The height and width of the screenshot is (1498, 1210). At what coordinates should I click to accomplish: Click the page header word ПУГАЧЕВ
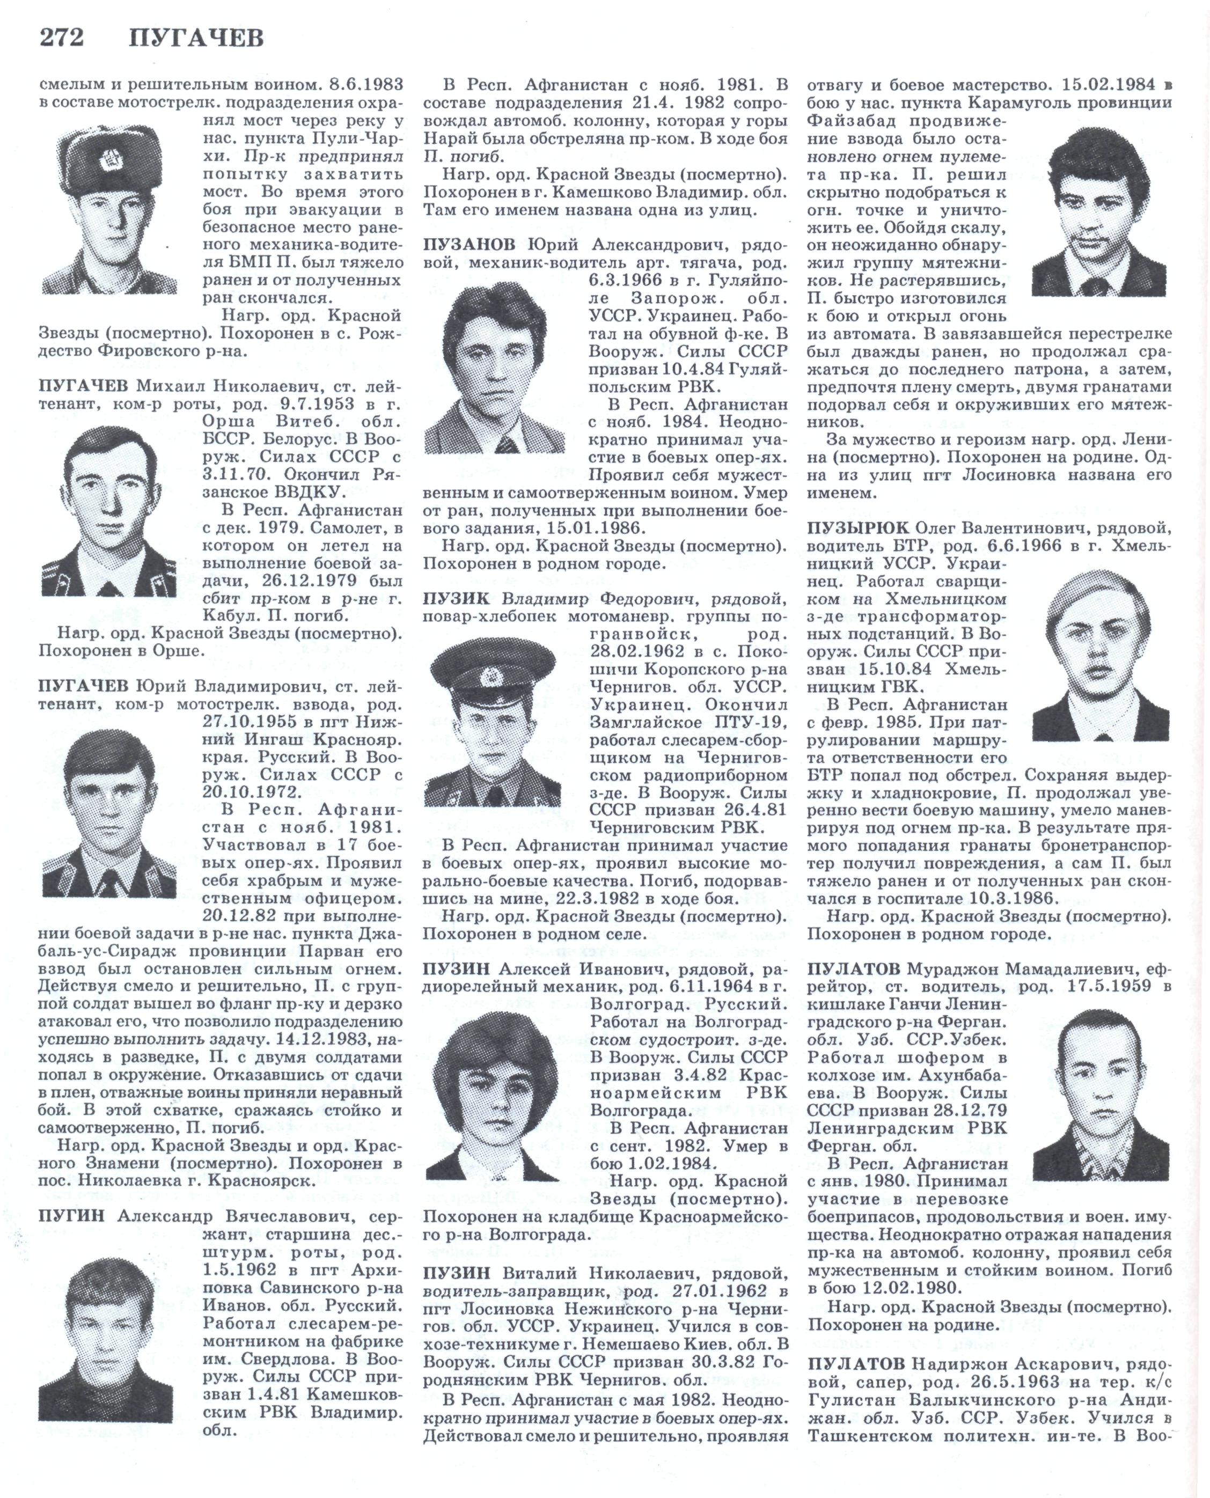[x=196, y=38]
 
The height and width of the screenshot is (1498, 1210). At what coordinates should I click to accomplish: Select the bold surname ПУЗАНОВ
[x=468, y=245]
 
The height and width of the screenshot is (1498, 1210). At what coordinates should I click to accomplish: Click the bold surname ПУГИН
[x=72, y=1216]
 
